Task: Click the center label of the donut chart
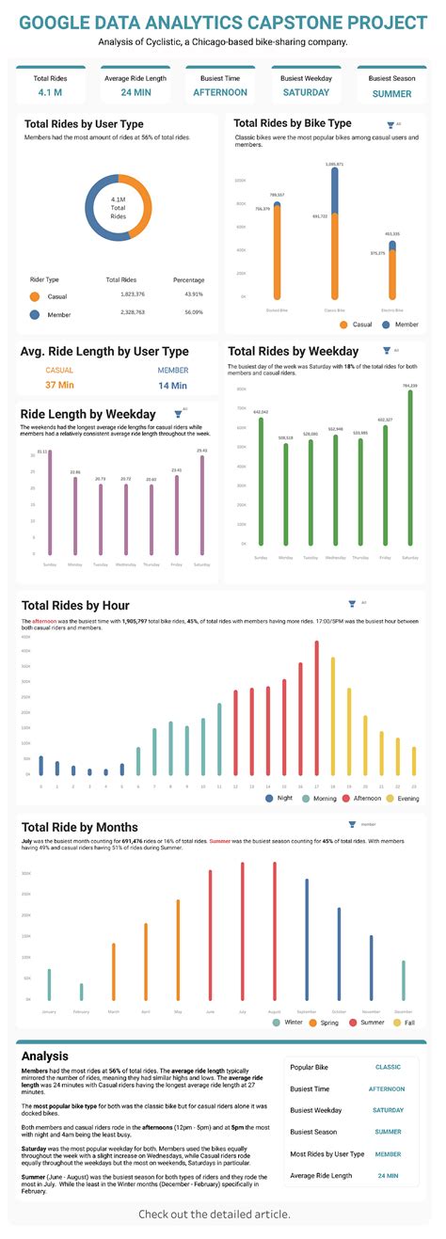[119, 208]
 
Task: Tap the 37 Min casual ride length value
[59, 385]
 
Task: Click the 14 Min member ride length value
[172, 385]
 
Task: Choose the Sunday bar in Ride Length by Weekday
[49, 502]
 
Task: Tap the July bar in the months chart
[242, 930]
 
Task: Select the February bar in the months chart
[81, 991]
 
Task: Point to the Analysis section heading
[44, 1056]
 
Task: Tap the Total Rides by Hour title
[75, 605]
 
